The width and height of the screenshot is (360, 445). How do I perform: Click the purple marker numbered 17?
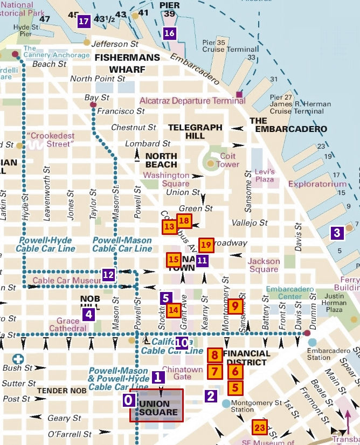pyautogui.click(x=84, y=22)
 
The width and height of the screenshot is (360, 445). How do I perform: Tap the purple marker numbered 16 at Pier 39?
pyautogui.click(x=170, y=33)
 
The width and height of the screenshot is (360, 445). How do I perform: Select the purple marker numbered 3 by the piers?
pyautogui.click(x=337, y=233)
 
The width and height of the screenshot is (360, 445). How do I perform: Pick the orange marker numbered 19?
pyautogui.click(x=206, y=245)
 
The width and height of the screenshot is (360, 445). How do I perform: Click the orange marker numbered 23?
pyautogui.click(x=260, y=427)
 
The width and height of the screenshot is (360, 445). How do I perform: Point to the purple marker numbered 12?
pyautogui.click(x=108, y=275)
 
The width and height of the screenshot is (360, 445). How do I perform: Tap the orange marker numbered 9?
pyautogui.click(x=234, y=306)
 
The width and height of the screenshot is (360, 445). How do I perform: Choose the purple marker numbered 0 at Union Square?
pyautogui.click(x=128, y=400)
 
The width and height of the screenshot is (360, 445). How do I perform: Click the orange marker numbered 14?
pyautogui.click(x=173, y=310)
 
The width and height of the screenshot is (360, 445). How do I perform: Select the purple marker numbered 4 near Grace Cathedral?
pyautogui.click(x=88, y=315)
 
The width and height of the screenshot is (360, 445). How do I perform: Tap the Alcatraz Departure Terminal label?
pyautogui.click(x=192, y=101)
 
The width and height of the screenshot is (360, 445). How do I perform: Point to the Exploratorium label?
pyautogui.click(x=317, y=184)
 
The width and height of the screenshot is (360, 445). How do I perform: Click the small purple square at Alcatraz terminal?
pyautogui.click(x=239, y=95)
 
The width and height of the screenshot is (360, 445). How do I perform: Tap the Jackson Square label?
pyautogui.click(x=264, y=265)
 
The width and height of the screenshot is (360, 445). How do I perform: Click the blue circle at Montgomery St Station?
pyautogui.click(x=226, y=404)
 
